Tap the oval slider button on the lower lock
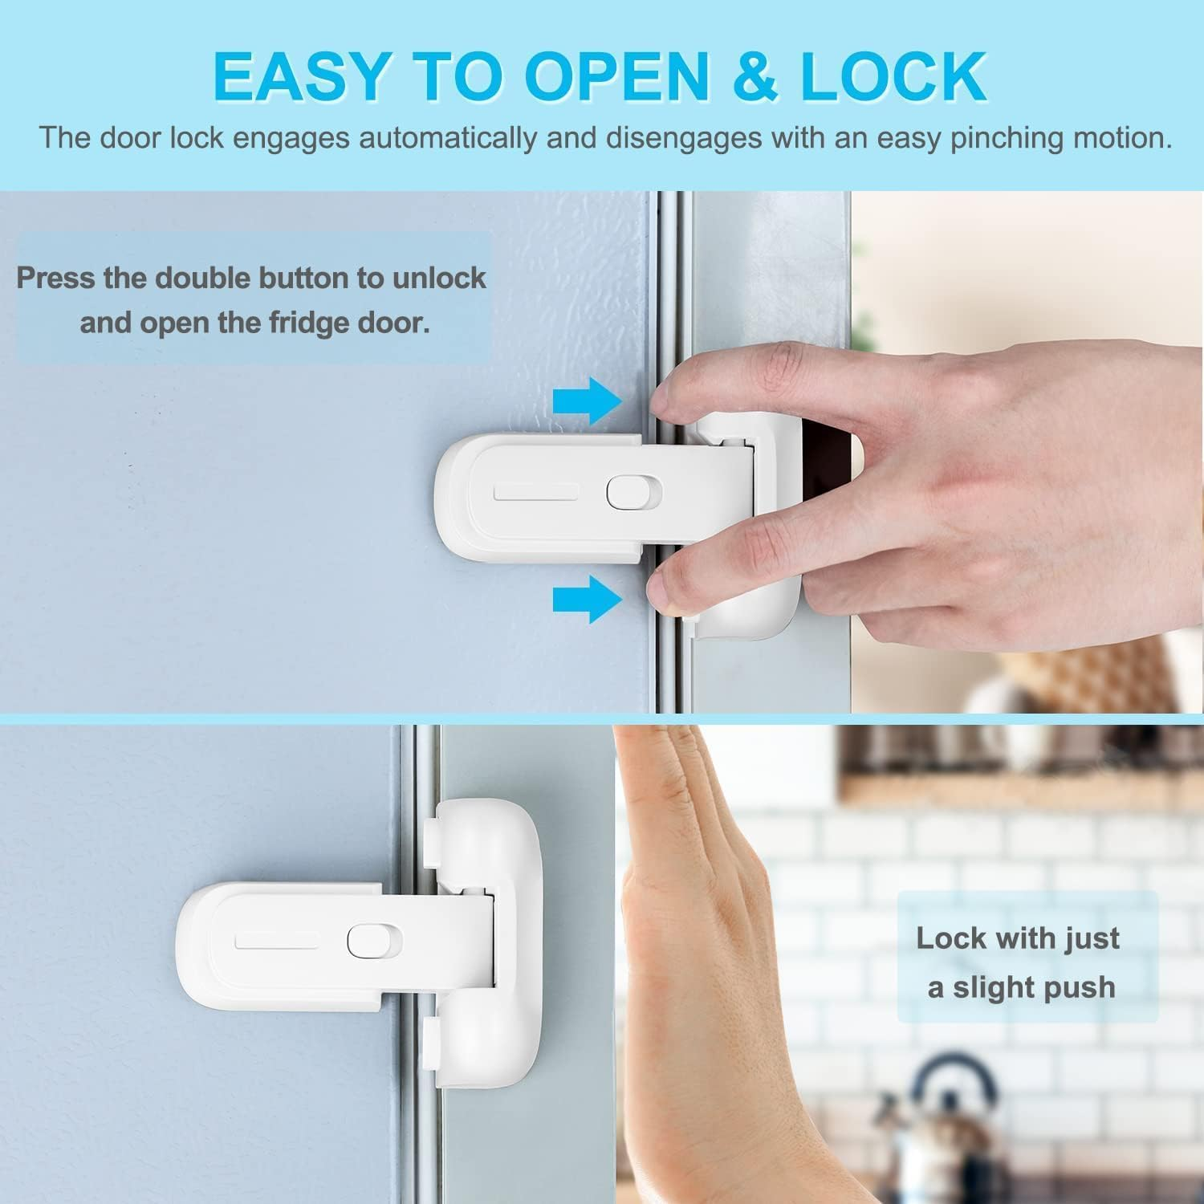tap(364, 941)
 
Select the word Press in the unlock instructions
tap(57, 278)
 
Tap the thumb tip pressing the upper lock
tap(665, 588)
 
